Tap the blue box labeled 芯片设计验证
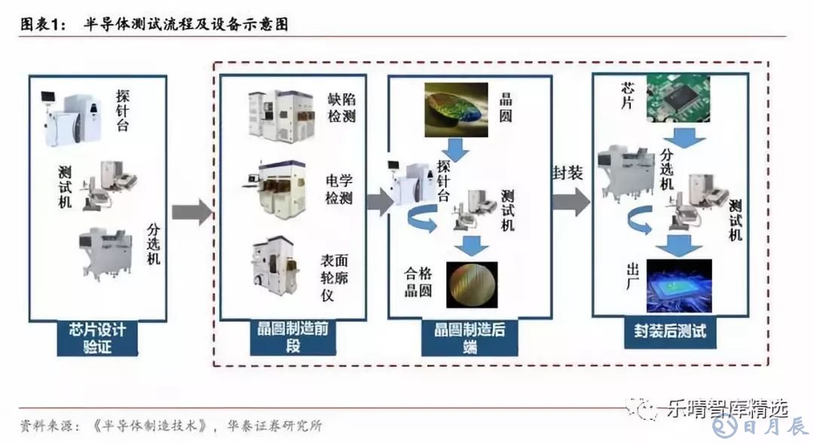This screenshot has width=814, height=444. (97, 338)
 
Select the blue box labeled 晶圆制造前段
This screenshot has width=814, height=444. (292, 337)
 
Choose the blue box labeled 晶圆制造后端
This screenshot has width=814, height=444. (471, 337)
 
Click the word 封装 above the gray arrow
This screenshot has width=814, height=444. (568, 173)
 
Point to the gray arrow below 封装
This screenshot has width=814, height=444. (571, 201)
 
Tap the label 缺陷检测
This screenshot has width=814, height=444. (341, 108)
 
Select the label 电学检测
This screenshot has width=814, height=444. (340, 190)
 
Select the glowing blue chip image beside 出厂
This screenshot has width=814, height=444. (678, 286)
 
